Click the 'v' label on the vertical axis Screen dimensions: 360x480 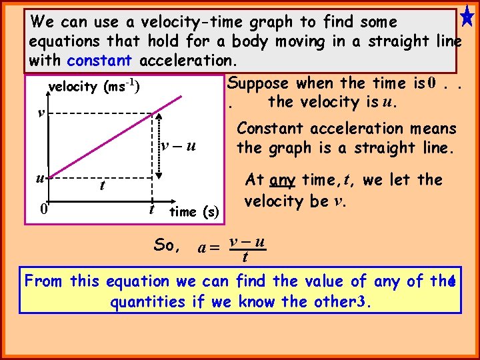tap(41, 112)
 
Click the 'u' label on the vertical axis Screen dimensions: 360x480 tap(40, 178)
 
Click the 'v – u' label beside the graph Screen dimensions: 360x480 tap(179, 146)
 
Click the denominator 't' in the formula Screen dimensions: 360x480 tap(246, 257)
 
